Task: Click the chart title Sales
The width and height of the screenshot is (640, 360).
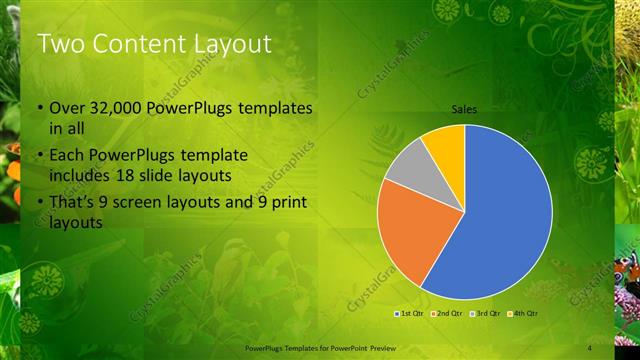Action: pyautogui.click(x=464, y=109)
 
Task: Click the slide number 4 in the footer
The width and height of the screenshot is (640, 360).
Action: pyautogui.click(x=589, y=348)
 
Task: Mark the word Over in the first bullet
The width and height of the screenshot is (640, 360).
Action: pyautogui.click(x=67, y=108)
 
